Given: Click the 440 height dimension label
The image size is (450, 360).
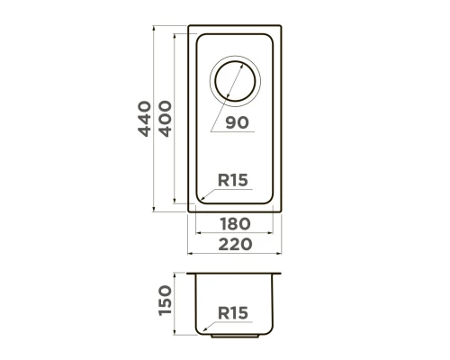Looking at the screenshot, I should click(142, 118).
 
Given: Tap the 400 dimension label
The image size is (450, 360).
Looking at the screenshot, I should click(165, 118).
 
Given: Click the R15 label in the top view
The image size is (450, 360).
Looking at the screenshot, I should click(233, 180).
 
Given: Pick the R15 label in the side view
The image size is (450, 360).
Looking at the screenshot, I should click(233, 313).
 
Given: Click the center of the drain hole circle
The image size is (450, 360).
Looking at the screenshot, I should click(233, 81).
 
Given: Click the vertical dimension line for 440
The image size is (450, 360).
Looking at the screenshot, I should click(154, 118).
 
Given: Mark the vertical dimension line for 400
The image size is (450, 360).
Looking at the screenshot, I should click(176, 118).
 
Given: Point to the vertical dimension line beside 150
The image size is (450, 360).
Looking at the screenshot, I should click(176, 305).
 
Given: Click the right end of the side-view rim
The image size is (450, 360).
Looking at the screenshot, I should click(281, 273).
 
